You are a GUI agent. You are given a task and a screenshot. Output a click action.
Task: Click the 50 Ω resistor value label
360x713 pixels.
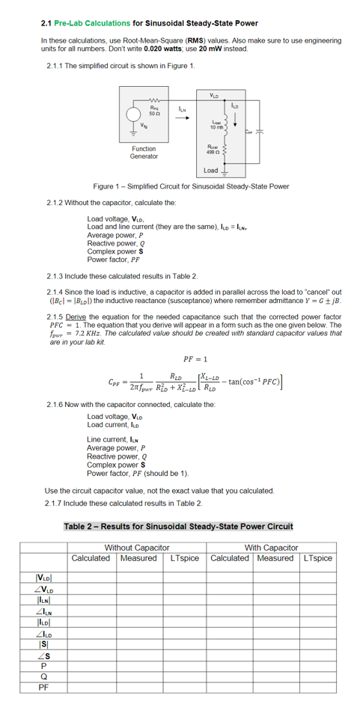(x=152, y=111)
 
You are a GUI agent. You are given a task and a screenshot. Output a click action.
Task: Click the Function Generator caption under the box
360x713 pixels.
(x=144, y=153)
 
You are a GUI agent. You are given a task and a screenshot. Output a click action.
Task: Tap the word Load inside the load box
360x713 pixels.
(x=211, y=171)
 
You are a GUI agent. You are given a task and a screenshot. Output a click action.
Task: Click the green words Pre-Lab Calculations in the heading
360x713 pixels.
(x=92, y=23)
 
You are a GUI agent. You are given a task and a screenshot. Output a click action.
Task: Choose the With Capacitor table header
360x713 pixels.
(x=271, y=548)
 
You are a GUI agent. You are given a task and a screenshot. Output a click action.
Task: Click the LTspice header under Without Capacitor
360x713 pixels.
(x=184, y=558)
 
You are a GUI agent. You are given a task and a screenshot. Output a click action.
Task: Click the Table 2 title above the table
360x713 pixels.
(x=178, y=527)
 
